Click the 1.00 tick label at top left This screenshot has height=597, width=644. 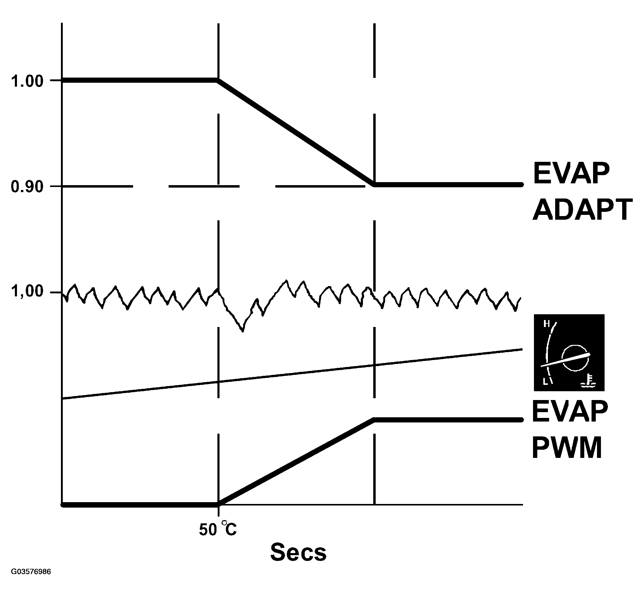pyautogui.click(x=27, y=81)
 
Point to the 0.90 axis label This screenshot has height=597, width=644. pyautogui.click(x=27, y=187)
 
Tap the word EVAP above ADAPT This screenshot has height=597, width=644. pyautogui.click(x=571, y=173)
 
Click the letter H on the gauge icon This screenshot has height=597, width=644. pyautogui.click(x=546, y=324)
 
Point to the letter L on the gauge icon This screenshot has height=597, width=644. pyautogui.click(x=545, y=382)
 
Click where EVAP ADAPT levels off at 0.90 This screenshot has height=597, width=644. pyautogui.click(x=374, y=185)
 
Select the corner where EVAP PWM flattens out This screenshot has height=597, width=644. pyautogui.click(x=374, y=420)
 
